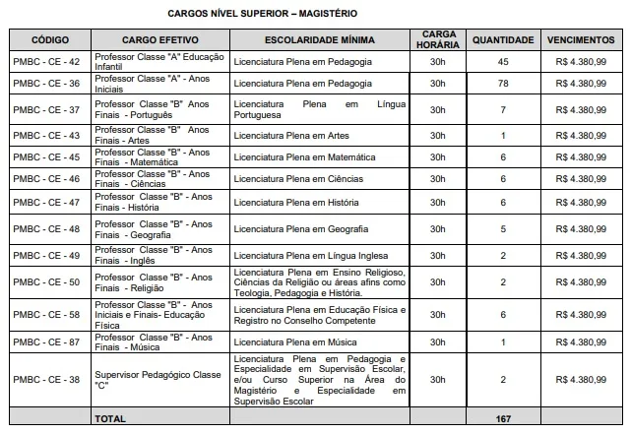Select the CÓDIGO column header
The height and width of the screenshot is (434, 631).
click(49, 40)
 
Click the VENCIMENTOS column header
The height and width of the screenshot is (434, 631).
click(581, 40)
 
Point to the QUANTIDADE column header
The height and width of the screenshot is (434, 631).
click(503, 40)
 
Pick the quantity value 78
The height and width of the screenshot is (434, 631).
click(503, 85)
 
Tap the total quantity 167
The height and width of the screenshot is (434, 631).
click(503, 419)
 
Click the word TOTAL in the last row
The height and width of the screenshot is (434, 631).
click(109, 419)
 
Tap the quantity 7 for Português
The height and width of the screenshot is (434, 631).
click(503, 109)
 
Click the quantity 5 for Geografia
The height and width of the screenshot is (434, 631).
click(503, 229)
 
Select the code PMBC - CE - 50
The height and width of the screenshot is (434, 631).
click(49, 282)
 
